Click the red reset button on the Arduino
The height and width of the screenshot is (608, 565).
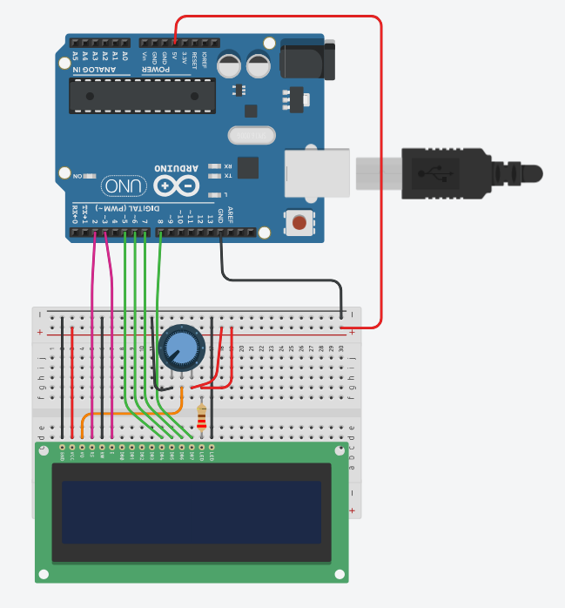[x=299, y=222]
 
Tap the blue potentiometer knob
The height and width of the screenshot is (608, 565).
[x=183, y=348]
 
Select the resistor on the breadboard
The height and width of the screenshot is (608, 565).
[x=202, y=420]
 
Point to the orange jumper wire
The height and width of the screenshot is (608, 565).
[x=131, y=415]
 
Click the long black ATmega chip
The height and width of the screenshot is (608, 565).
[x=143, y=96]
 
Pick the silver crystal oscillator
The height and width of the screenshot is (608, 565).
[x=252, y=135]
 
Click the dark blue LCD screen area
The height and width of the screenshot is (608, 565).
[x=191, y=511]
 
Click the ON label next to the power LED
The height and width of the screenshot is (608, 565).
[x=79, y=176]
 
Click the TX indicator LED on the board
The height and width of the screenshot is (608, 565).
[x=217, y=176]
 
